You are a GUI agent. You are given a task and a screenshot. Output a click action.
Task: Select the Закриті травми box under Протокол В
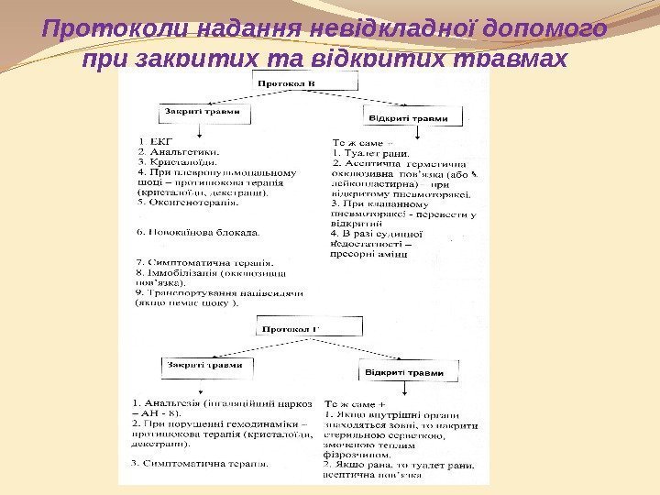202,113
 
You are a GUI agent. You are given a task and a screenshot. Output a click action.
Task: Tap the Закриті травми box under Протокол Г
204,365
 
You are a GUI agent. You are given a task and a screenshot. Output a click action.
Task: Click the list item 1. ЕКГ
153,141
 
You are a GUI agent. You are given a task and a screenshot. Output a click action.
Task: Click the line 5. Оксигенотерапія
187,203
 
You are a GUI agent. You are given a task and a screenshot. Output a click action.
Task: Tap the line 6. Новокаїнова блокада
197,231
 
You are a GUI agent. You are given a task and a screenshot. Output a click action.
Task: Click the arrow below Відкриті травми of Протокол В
418,134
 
